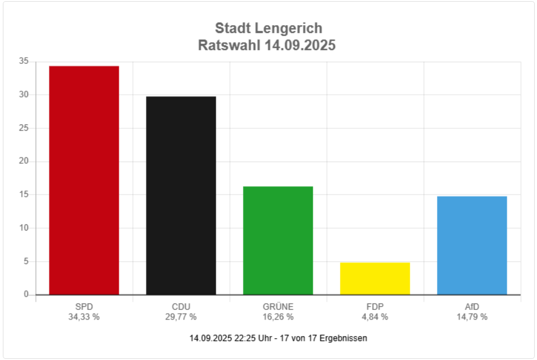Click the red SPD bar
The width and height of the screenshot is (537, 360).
[x=84, y=180]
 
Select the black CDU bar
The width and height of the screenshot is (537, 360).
[x=181, y=196]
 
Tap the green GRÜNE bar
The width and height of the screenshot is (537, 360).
[x=278, y=240]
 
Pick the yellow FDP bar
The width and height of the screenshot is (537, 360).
[x=375, y=278]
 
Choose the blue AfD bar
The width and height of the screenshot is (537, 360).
[x=472, y=245]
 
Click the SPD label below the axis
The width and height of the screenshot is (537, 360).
[x=84, y=307]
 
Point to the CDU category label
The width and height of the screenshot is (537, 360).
[x=181, y=307]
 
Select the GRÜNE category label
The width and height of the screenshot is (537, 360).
[x=278, y=307]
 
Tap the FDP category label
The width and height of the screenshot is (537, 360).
[x=375, y=307]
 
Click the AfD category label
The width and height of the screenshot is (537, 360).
[x=472, y=307]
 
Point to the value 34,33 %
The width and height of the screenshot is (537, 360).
[x=84, y=317]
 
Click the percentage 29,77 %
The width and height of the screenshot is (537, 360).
[x=181, y=317]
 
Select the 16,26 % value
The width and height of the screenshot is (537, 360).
[x=278, y=317]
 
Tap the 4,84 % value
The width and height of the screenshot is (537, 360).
[x=375, y=317]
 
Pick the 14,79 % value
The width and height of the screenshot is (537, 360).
[x=472, y=317]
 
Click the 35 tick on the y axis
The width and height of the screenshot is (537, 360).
[x=23, y=61]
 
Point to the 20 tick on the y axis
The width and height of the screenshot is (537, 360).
[x=23, y=161]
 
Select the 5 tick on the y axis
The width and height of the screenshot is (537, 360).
[x=26, y=261]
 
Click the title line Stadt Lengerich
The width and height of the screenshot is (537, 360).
[x=268, y=28]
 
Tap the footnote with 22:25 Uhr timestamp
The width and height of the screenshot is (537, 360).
[x=278, y=338]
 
